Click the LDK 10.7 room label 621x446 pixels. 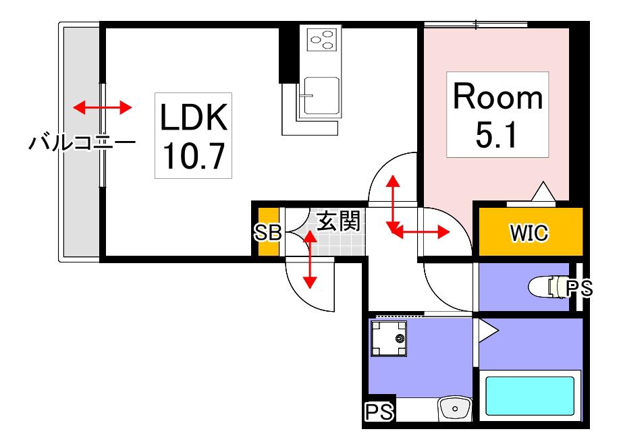tap(193, 136)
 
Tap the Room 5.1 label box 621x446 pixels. tap(497, 115)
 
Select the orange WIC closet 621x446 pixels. tap(531, 232)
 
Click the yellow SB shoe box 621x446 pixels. tap(268, 232)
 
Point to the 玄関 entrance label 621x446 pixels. tap(339, 221)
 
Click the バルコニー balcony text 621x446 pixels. tap(82, 142)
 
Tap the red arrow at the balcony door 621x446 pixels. tap(103, 107)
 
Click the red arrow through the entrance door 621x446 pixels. tap(310, 260)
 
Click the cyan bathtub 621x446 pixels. tap(530, 396)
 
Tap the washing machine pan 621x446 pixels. tap(388, 338)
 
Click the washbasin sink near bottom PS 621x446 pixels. tap(455, 408)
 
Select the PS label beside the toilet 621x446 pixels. tap(579, 288)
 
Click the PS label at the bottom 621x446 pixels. tap(379, 412)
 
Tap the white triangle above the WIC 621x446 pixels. tap(543, 191)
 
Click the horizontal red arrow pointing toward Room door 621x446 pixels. tap(419, 232)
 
